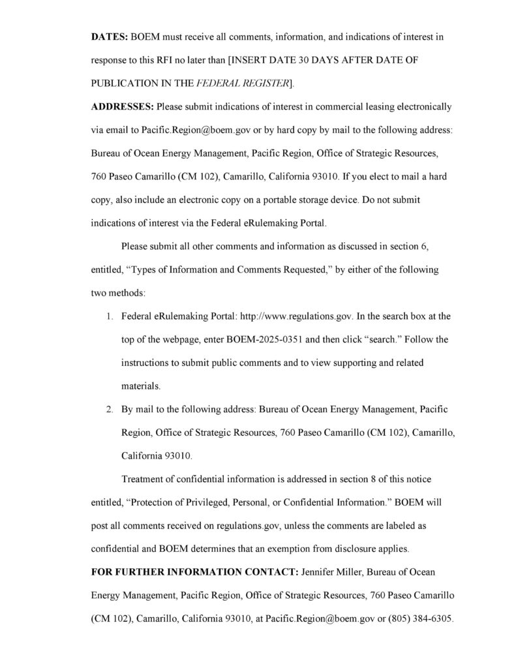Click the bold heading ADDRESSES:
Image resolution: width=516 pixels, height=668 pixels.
point(121,107)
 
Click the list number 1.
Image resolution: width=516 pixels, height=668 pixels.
point(110,316)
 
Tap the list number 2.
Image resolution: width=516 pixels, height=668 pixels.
point(110,410)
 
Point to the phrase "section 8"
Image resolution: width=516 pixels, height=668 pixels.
point(351,479)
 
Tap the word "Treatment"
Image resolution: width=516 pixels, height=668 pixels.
point(144,479)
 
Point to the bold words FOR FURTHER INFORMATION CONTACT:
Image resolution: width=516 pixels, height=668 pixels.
point(194,572)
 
